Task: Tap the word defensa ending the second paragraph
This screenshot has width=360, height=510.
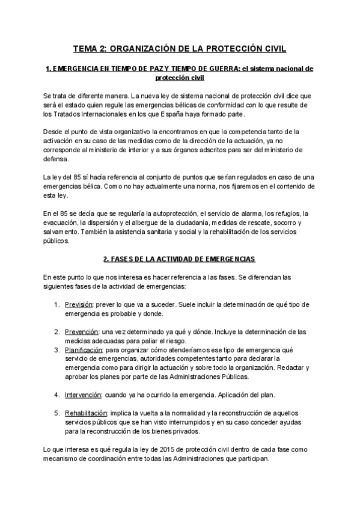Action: [56, 159]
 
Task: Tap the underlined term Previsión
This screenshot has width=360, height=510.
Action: [79, 305]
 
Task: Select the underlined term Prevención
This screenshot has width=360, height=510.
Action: [81, 331]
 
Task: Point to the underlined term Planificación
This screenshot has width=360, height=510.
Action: [84, 349]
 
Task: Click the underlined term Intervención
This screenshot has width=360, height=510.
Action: [83, 395]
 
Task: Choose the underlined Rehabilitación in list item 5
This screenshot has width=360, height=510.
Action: [86, 413]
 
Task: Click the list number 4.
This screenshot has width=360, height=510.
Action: [56, 395]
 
